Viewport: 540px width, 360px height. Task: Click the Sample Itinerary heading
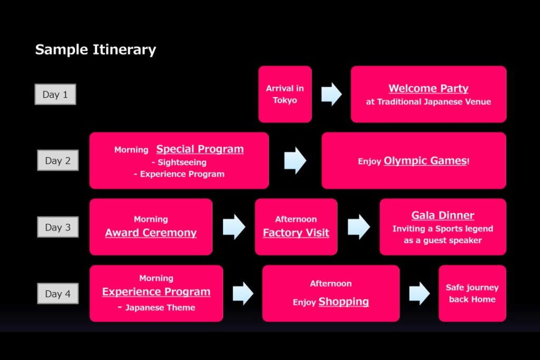pyautogui.click(x=96, y=50)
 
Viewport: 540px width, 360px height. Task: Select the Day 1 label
pyautogui.click(x=55, y=94)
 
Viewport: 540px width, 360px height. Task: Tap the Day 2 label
pyautogui.click(x=58, y=160)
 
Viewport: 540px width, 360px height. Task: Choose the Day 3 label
pyautogui.click(x=58, y=227)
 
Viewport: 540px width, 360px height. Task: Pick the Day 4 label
pyautogui.click(x=58, y=294)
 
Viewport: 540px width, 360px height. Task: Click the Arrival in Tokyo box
pyautogui.click(x=285, y=94)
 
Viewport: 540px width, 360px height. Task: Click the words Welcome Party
pyautogui.click(x=428, y=89)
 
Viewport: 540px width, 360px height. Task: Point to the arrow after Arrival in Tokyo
pyautogui.click(x=331, y=94)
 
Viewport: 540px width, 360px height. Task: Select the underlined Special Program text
pyautogui.click(x=200, y=149)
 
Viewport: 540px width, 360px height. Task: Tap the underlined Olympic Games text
pyautogui.click(x=426, y=161)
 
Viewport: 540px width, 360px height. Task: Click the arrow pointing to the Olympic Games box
pyautogui.click(x=295, y=161)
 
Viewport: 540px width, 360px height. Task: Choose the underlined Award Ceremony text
pyautogui.click(x=151, y=233)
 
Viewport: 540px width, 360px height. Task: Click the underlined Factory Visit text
pyautogui.click(x=296, y=233)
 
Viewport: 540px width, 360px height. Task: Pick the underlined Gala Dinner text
pyautogui.click(x=443, y=216)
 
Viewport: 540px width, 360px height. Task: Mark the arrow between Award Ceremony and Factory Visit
pyautogui.click(x=234, y=227)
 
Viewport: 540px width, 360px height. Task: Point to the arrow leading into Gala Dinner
pyautogui.click(x=359, y=227)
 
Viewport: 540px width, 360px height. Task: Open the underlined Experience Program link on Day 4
pyautogui.click(x=156, y=292)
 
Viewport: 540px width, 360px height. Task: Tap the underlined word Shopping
pyautogui.click(x=344, y=301)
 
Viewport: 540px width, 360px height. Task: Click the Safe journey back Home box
pyautogui.click(x=472, y=294)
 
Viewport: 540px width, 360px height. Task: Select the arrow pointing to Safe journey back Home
pyautogui.click(x=419, y=294)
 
